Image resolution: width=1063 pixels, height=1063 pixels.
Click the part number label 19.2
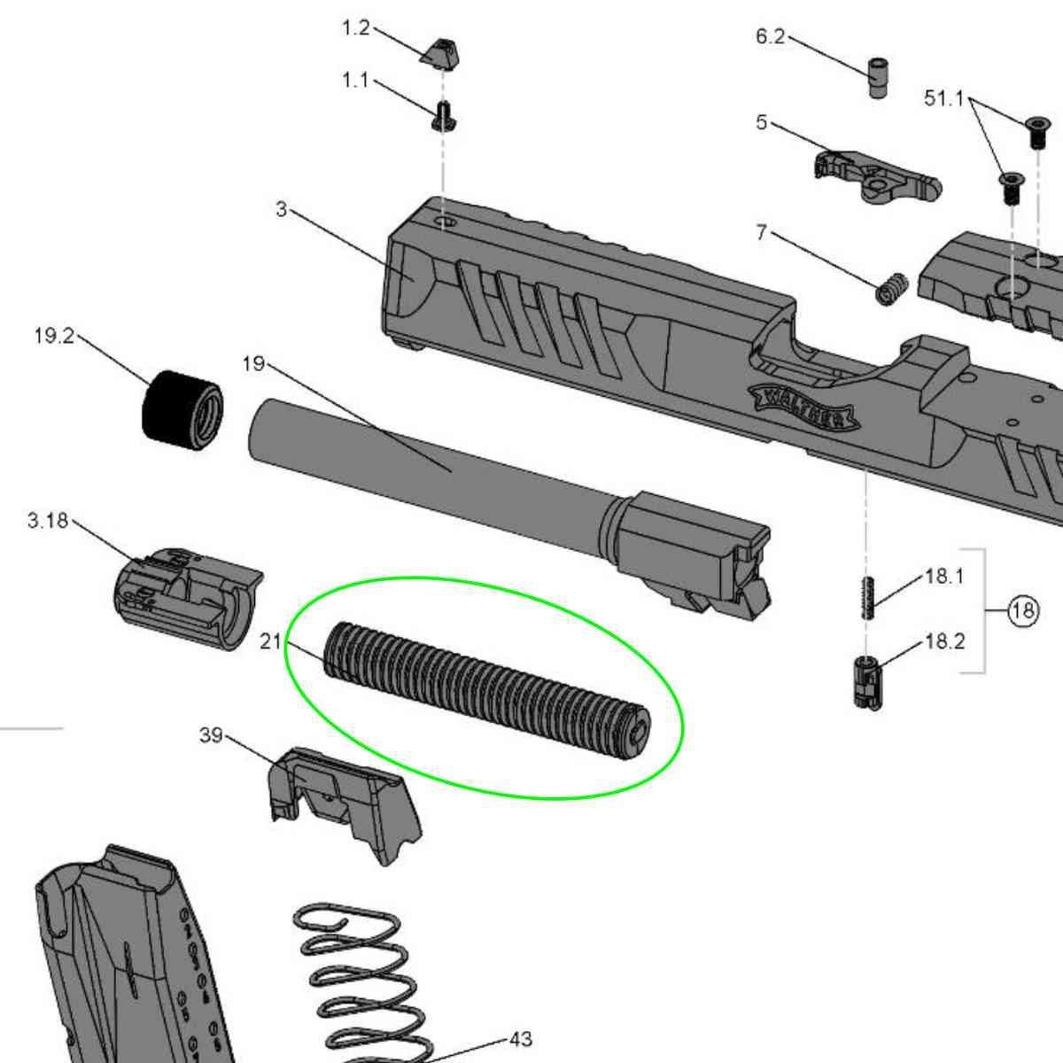point(54,336)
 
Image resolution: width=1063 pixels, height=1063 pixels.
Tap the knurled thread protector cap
point(183,411)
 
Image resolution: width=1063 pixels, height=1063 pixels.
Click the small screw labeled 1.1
point(443,116)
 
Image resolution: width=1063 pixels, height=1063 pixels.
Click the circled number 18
point(1024,610)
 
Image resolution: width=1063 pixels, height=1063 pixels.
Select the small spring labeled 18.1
point(870,598)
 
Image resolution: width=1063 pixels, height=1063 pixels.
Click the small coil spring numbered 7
point(891,289)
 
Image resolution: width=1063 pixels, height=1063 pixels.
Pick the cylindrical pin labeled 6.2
point(878,78)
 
